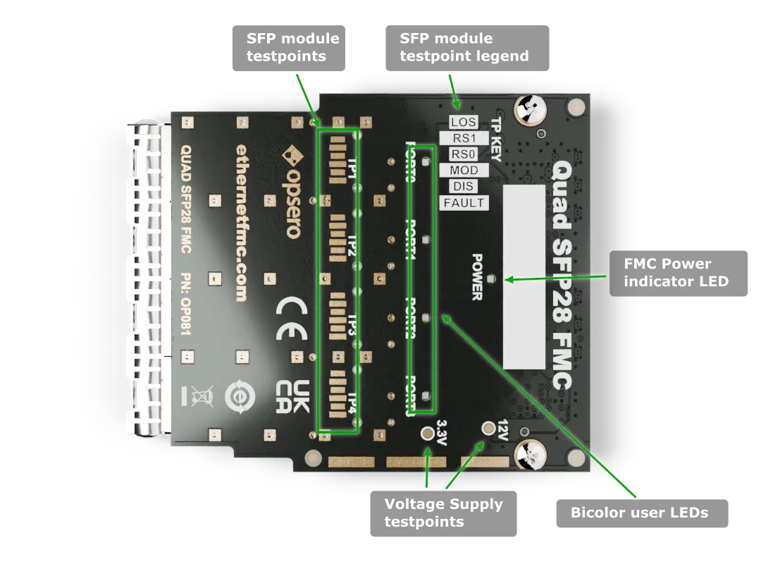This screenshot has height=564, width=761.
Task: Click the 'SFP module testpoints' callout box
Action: tap(292, 48)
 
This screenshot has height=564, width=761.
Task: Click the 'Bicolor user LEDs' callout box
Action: tap(639, 513)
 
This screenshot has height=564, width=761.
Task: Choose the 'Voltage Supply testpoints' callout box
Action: tap(443, 513)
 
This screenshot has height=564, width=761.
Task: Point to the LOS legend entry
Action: tap(463, 123)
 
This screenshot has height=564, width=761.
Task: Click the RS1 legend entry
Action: tap(463, 138)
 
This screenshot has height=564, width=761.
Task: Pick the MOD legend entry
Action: tap(463, 171)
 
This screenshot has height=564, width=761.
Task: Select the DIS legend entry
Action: tap(463, 187)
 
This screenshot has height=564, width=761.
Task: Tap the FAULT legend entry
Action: tap(463, 203)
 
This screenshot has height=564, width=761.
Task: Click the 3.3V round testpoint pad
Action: tap(427, 435)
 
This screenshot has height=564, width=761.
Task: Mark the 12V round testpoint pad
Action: tap(488, 428)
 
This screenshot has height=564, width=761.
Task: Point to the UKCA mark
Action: tap(291, 398)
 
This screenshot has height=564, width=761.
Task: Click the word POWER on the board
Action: tap(477, 277)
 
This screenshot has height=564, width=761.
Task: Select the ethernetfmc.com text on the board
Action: tap(241, 222)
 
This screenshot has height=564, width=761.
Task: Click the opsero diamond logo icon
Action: tap(290, 153)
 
